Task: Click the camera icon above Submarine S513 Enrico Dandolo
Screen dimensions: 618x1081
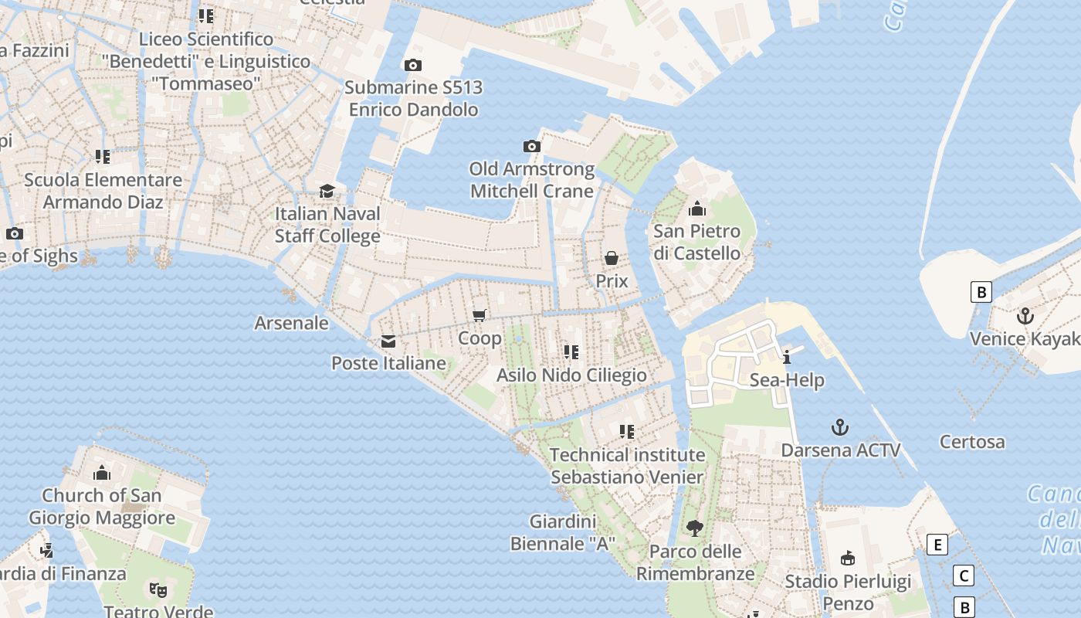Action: click(x=413, y=66)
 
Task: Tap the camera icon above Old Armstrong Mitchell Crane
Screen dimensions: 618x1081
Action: click(x=531, y=147)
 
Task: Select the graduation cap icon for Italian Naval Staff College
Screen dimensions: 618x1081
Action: click(x=327, y=191)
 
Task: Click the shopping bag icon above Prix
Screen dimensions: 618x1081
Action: click(x=612, y=258)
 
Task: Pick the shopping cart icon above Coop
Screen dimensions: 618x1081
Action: click(x=479, y=315)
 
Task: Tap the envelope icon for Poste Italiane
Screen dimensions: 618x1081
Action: click(x=388, y=341)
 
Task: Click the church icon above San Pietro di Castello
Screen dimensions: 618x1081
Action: click(x=697, y=209)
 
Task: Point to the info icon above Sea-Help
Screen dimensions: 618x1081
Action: click(x=787, y=357)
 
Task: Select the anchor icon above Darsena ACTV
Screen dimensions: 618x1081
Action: click(x=840, y=427)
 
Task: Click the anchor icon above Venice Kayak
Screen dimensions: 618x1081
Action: click(x=1025, y=316)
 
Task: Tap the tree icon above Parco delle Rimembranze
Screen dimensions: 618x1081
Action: click(x=695, y=528)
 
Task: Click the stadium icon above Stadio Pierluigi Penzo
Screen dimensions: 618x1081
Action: click(x=848, y=558)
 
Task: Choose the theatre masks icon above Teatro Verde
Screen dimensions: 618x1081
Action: click(x=158, y=590)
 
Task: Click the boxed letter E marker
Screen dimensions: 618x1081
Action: click(x=937, y=545)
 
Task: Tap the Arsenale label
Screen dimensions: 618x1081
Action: click(x=291, y=323)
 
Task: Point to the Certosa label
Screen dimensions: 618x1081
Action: click(x=972, y=442)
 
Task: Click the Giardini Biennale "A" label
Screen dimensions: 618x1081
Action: click(x=562, y=532)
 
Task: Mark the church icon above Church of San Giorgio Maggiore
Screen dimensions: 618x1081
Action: click(x=102, y=473)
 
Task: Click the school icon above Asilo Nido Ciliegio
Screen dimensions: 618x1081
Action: click(x=571, y=352)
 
